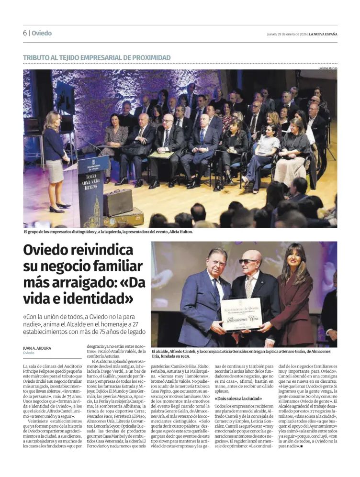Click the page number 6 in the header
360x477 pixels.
(24, 33)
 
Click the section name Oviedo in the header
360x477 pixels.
(42, 33)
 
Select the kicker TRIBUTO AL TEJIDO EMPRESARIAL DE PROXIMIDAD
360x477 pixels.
(97, 58)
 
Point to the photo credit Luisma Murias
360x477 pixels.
(328, 68)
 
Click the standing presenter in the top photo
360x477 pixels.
(54, 160)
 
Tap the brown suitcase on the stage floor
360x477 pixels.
(118, 202)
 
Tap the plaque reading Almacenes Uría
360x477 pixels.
(241, 314)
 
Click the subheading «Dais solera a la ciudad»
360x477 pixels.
(238, 398)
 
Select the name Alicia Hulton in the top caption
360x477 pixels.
(179, 232)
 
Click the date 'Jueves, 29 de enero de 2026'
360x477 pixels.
(286, 34)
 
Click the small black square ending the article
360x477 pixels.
(301, 446)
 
